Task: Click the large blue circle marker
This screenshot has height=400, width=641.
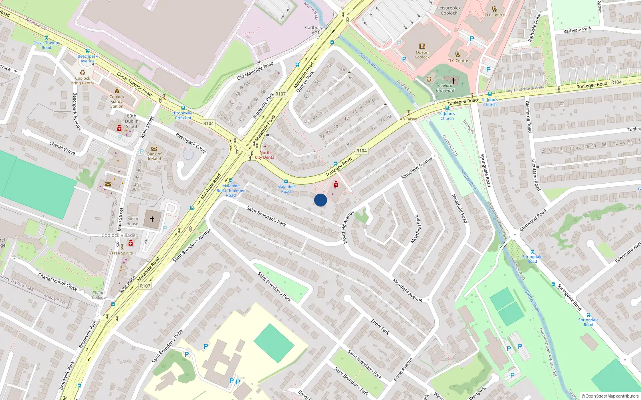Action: pyautogui.click(x=320, y=200)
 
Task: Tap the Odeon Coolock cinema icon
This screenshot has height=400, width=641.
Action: pyautogui.click(x=422, y=46)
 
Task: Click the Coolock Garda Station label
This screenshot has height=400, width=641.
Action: pyautogui.click(x=117, y=102)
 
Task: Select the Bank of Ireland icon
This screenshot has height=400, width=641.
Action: pyautogui.click(x=154, y=149)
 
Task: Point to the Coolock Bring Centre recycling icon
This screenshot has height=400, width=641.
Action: pyautogui.click(x=83, y=73)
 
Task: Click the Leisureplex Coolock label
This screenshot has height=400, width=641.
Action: pyautogui.click(x=449, y=10)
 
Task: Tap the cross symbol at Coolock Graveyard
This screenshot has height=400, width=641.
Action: pyautogui.click(x=454, y=80)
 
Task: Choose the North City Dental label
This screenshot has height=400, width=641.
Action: pyautogui.click(x=265, y=155)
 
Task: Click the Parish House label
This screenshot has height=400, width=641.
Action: pyautogui.click(x=132, y=221)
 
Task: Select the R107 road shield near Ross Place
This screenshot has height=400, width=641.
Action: pyautogui.click(x=145, y=286)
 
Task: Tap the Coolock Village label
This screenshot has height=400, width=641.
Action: pyautogui.click(x=119, y=235)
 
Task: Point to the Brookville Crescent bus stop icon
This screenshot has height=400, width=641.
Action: pyautogui.click(x=183, y=108)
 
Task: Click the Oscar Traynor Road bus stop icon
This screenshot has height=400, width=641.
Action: pyautogui.click(x=46, y=38)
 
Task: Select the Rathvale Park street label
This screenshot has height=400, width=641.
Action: pyautogui.click(x=577, y=30)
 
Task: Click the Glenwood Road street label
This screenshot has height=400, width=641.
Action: pyautogui.click(x=533, y=220)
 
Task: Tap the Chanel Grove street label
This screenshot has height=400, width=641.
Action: pyautogui.click(x=62, y=148)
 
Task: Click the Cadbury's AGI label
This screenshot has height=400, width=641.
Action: pyautogui.click(x=315, y=30)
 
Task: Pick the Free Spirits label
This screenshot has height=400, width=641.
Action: pyautogui.click(x=122, y=253)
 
